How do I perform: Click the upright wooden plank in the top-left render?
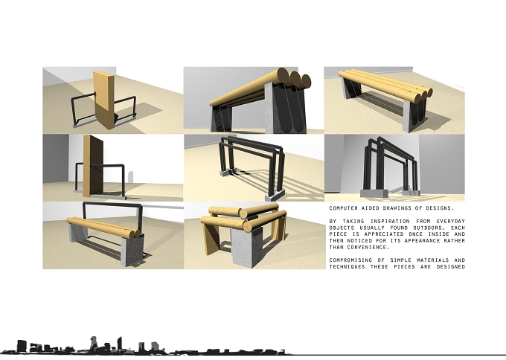coord(104,100)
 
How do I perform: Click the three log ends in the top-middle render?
coord(294,78)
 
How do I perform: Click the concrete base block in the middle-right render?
coord(374,193)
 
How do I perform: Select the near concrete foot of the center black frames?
coord(275,194)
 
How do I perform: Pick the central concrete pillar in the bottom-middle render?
coord(242,248)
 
